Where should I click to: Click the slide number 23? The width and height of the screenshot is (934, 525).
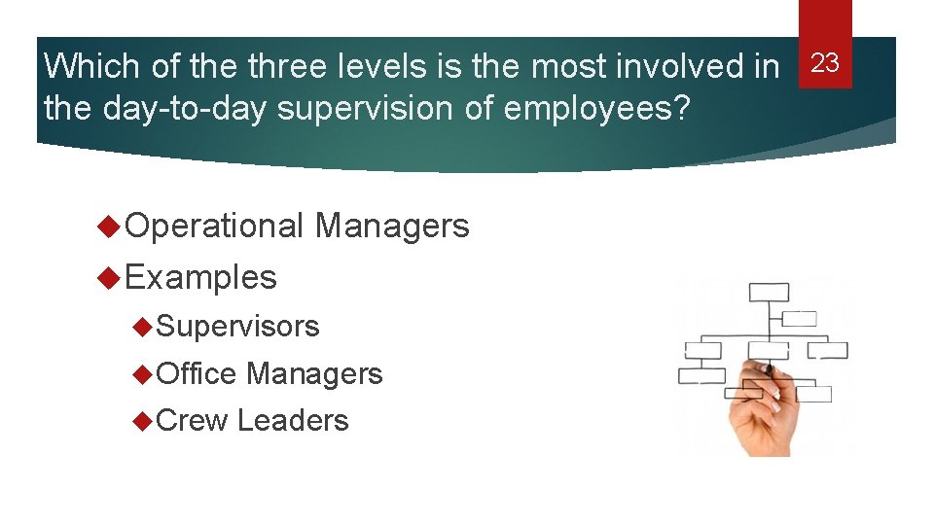825,64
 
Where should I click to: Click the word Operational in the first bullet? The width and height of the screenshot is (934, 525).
215,227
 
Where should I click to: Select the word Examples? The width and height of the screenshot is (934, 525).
201,278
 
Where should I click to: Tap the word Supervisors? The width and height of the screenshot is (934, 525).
237,327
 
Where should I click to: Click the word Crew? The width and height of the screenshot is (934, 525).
192,420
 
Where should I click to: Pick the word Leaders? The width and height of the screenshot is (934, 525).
293,420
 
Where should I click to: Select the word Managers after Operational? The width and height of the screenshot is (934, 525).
392,227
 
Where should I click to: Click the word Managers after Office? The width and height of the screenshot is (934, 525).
314,373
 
